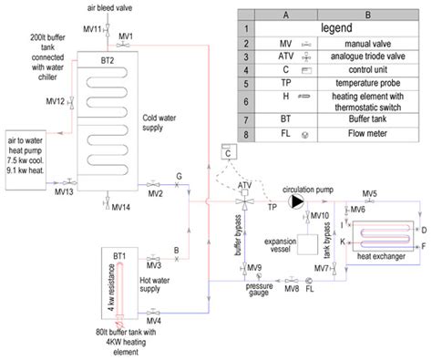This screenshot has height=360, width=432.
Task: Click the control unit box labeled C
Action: (x=221, y=153)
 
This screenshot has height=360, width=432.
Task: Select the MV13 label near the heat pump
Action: (x=63, y=192)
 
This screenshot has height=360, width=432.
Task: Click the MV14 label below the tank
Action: (x=121, y=207)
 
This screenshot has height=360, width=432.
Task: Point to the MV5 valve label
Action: (x=369, y=193)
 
